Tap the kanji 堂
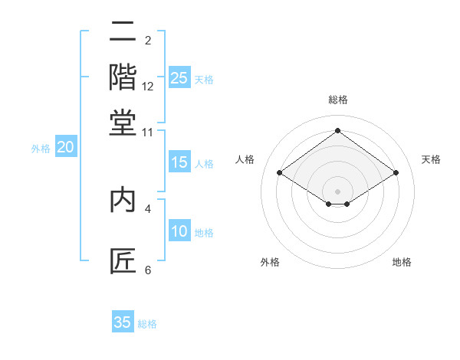(x=123, y=123)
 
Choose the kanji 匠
(x=123, y=261)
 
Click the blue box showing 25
(x=179, y=78)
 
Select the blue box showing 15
(x=179, y=162)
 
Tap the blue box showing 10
(x=179, y=232)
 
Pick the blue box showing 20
(x=65, y=148)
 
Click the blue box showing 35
(x=123, y=322)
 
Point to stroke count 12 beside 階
(x=148, y=87)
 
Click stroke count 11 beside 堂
(x=148, y=133)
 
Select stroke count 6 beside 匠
(x=148, y=270)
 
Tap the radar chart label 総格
(x=337, y=100)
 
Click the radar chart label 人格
(x=245, y=159)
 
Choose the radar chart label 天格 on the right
(x=431, y=159)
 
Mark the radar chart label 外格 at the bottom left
(x=270, y=263)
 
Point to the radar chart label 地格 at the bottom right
(x=402, y=263)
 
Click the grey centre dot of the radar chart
(x=337, y=191)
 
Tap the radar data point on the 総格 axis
(x=337, y=131)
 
